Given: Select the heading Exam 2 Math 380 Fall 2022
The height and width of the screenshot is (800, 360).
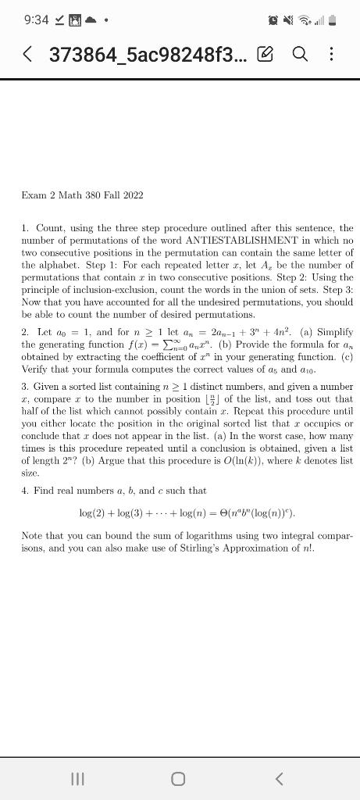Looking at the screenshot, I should [83, 195].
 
